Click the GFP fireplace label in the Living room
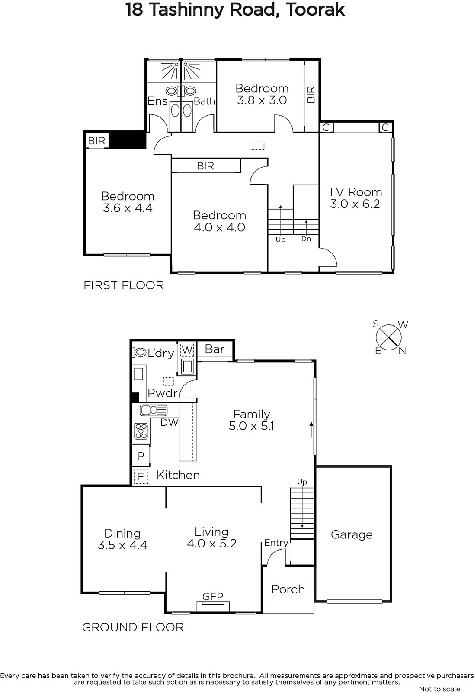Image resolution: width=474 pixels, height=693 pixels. (x=213, y=596)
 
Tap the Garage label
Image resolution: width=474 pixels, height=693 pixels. (x=352, y=535)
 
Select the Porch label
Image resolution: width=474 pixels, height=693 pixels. (x=288, y=589)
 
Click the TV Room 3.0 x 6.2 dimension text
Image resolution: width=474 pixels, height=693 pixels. (x=355, y=204)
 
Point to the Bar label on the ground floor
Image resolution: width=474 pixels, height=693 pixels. (x=215, y=349)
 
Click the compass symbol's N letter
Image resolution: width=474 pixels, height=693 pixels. (x=402, y=351)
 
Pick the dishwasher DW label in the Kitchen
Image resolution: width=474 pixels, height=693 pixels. (x=170, y=422)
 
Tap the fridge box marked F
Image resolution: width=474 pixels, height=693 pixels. (x=141, y=477)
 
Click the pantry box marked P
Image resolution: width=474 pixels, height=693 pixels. (x=141, y=455)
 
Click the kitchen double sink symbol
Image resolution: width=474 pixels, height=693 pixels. (x=154, y=410)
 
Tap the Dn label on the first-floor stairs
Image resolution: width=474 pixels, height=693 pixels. (x=306, y=239)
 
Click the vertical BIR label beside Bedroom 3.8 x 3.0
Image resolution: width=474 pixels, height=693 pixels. (x=311, y=94)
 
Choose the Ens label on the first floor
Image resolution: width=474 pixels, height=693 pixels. (x=157, y=101)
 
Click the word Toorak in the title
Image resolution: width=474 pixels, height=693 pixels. (x=315, y=10)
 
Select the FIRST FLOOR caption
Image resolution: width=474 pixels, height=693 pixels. (x=124, y=285)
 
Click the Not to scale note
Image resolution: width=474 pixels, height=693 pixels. (x=439, y=689)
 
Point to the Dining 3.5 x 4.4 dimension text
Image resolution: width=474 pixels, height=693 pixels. (x=122, y=545)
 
